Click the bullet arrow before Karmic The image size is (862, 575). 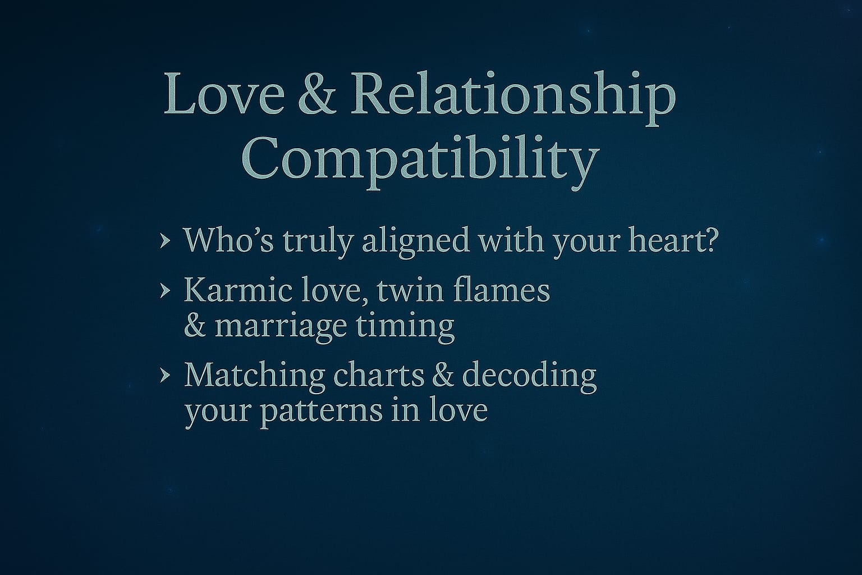(x=165, y=291)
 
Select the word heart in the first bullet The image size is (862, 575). (x=660, y=240)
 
